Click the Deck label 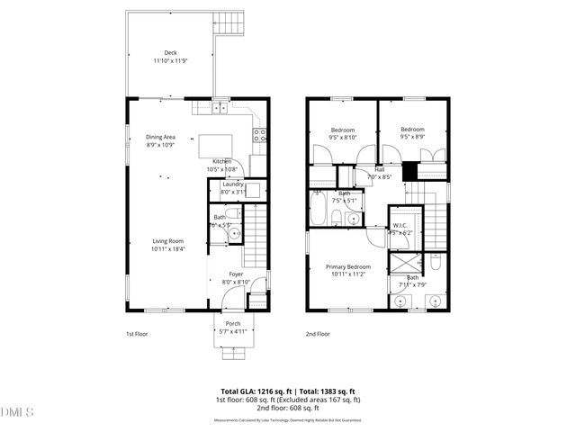(x=170, y=52)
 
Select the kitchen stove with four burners (x=259, y=136)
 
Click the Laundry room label (x=233, y=184)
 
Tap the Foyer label (x=236, y=274)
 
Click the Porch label (x=233, y=324)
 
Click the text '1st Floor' (x=136, y=334)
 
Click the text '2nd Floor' (x=318, y=334)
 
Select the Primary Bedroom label (x=346, y=266)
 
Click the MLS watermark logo (x=17, y=412)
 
